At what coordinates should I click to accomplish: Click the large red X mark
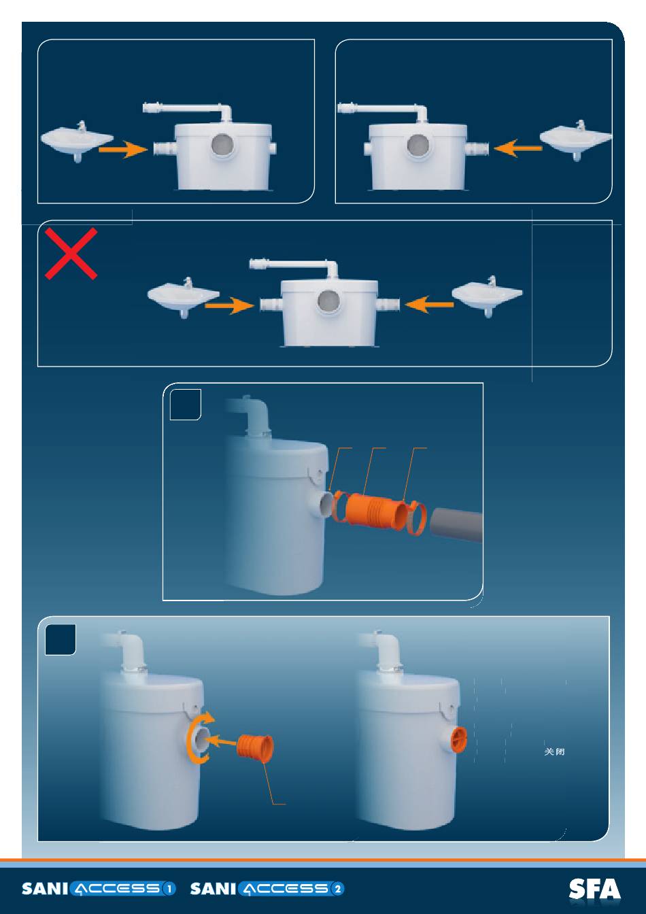pos(71,254)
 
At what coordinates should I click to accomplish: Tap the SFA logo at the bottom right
pos(594,890)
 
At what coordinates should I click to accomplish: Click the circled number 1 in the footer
pos(169,889)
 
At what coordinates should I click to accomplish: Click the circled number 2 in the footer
pos(338,889)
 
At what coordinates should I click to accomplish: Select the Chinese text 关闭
pos(556,752)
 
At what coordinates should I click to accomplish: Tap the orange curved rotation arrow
pos(198,739)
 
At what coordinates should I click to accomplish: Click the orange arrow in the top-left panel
pos(123,151)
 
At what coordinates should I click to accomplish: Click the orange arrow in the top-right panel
pos(518,148)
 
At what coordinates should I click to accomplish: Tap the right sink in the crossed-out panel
pos(488,297)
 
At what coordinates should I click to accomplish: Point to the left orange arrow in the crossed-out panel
pos(229,307)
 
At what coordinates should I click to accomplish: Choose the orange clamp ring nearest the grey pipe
pos(417,520)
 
